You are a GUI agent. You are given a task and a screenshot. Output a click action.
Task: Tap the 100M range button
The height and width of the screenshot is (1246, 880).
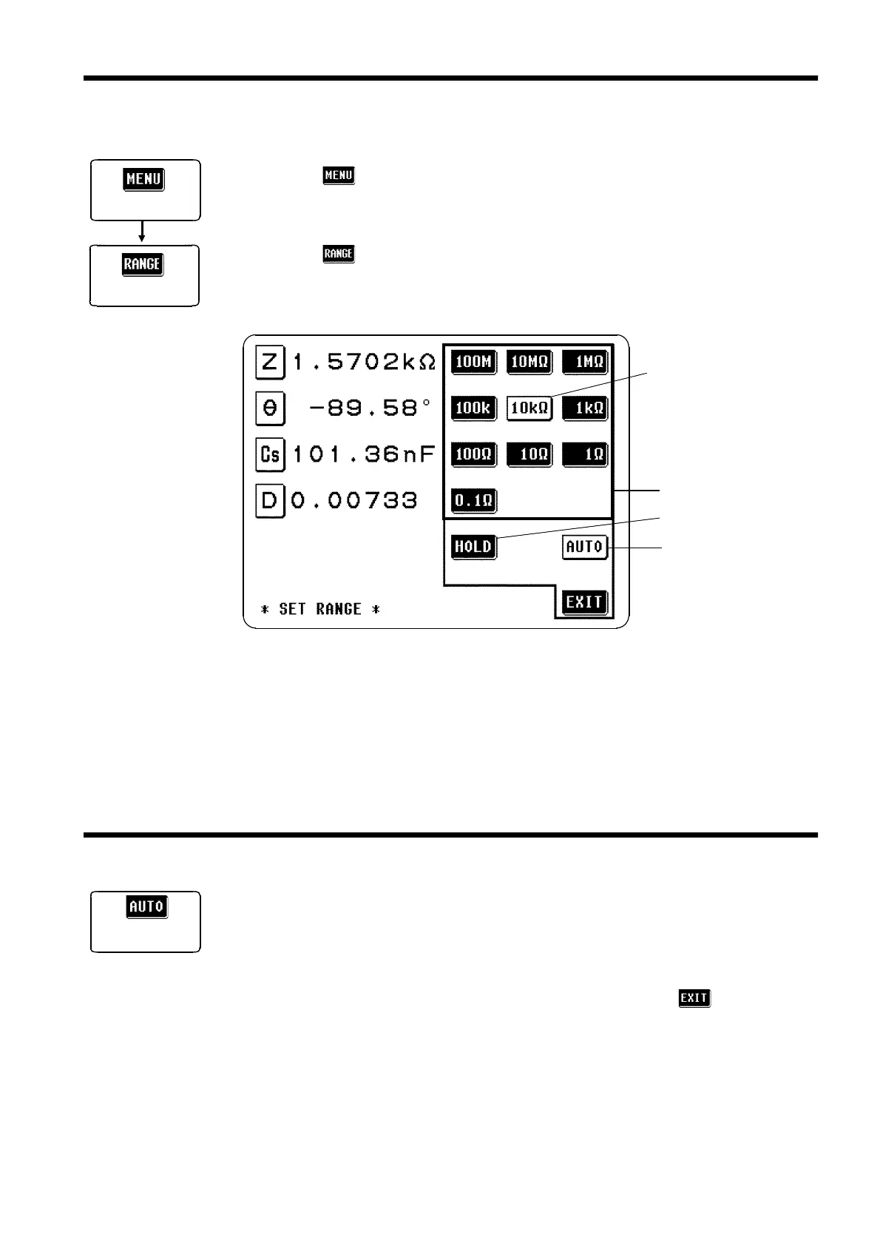coord(473,362)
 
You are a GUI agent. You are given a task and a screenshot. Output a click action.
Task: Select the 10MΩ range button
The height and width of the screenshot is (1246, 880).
coord(529,362)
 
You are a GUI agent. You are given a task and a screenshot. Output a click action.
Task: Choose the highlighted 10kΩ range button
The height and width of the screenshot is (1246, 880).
coord(529,408)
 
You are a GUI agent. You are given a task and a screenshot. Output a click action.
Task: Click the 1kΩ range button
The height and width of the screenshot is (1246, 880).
coord(585,408)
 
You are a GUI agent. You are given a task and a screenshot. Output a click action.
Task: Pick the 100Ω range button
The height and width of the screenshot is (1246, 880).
coord(473,454)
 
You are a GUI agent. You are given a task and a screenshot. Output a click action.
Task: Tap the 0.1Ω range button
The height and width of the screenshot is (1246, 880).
coord(473,501)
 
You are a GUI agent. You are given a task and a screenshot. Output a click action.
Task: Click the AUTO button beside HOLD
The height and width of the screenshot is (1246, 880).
coord(585,547)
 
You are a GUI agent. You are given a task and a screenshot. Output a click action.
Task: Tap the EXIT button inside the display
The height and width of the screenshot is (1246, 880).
coord(584,602)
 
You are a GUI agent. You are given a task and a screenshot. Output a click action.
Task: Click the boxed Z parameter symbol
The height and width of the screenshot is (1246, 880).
coord(270,362)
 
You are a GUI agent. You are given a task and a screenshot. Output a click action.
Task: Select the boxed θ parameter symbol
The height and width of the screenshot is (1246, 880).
coord(270,408)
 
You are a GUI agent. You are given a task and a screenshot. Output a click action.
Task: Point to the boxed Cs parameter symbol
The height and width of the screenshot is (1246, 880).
coord(270,454)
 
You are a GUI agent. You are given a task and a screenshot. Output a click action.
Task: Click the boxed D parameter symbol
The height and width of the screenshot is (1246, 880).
coord(270,501)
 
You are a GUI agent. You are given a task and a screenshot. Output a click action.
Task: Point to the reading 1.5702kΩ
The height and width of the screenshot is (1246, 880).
coord(364,362)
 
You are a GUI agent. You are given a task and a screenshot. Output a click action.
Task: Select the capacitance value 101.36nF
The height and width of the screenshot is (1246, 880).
coord(364,454)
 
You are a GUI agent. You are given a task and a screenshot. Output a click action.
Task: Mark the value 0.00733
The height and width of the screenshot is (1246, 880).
coord(354,501)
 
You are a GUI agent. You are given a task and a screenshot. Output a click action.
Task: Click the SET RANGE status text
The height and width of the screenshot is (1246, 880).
coord(320,609)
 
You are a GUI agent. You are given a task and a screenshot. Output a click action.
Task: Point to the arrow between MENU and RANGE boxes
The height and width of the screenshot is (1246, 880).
coord(143,232)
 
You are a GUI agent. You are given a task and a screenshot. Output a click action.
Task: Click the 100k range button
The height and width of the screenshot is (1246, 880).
coord(473,408)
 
